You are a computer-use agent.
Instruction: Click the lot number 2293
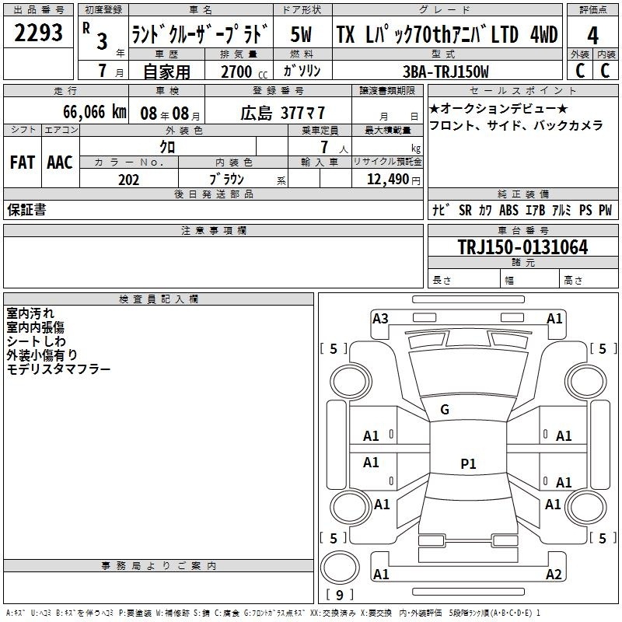tap(38, 33)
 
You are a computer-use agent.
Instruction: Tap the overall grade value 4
tap(592, 36)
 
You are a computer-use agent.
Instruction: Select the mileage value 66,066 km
tap(95, 112)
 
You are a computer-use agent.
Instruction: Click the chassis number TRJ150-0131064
tap(522, 246)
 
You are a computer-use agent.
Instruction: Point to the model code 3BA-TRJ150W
tap(446, 72)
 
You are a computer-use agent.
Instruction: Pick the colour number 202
tap(128, 180)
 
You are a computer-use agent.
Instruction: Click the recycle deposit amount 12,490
tap(387, 180)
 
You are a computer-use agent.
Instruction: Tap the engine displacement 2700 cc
tap(244, 72)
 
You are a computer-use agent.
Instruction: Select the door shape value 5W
tap(301, 34)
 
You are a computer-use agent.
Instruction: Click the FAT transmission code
tap(23, 162)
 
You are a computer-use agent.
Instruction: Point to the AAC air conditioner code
tap(60, 162)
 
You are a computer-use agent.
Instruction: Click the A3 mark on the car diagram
tap(380, 318)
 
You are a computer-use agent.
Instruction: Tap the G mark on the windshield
tap(445, 410)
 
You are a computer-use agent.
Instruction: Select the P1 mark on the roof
tap(468, 463)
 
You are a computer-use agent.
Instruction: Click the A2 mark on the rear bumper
tap(554, 574)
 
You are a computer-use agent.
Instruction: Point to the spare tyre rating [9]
tap(340, 595)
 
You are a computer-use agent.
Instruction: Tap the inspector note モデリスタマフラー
tap(58, 369)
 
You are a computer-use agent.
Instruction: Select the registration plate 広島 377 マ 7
tap(283, 113)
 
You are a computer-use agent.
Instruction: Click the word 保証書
tap(26, 209)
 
